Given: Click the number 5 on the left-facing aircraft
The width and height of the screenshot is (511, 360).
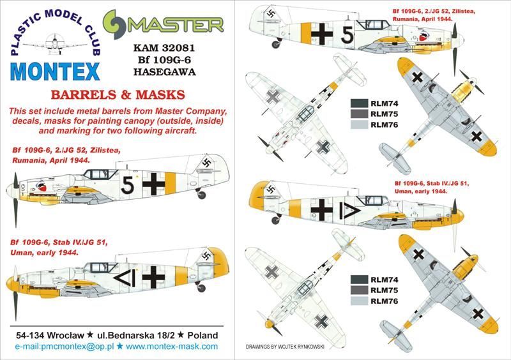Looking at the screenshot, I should (x=128, y=185).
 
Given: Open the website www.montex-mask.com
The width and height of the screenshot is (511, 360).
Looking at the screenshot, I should (x=171, y=347).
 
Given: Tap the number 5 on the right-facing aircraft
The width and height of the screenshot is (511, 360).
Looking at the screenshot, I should (x=346, y=36).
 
